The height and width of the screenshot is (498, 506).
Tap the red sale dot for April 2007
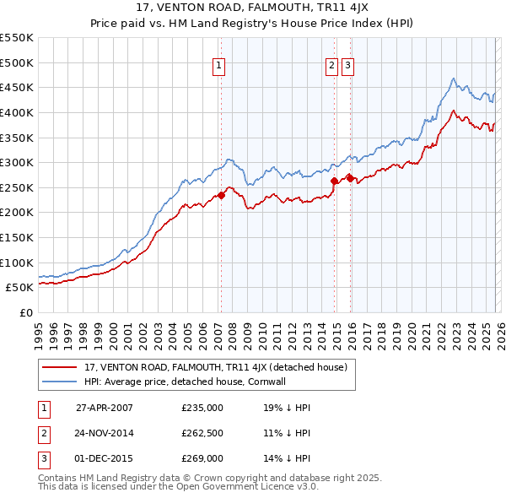tap(221, 195)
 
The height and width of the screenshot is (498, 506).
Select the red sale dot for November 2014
tap(334, 181)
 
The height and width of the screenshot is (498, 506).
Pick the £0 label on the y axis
tap(26, 312)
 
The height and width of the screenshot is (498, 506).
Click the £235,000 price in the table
tap(202, 407)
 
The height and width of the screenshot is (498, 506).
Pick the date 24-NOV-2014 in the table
tap(105, 433)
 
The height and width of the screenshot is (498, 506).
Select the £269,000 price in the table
tap(202, 458)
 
